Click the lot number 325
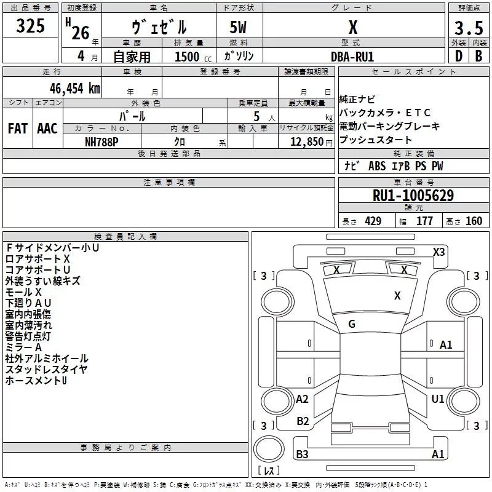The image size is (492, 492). (31, 26)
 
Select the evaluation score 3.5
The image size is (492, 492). (467, 28)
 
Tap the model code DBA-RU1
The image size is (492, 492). (352, 56)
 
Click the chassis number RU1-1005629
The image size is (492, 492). (413, 196)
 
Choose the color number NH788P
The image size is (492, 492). (102, 141)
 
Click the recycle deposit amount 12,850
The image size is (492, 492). (302, 141)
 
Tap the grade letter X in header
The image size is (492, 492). (352, 27)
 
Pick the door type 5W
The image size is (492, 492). (239, 28)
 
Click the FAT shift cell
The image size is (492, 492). (17, 129)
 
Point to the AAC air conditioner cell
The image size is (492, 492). (47, 129)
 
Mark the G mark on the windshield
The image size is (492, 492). (352, 324)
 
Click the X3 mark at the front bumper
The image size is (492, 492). (438, 252)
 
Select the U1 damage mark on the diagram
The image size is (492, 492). (437, 399)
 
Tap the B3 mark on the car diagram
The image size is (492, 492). (302, 454)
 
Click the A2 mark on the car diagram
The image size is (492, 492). (302, 399)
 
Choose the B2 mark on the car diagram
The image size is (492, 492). (303, 421)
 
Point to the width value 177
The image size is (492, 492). (425, 221)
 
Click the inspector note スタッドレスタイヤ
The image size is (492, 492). (46, 370)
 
